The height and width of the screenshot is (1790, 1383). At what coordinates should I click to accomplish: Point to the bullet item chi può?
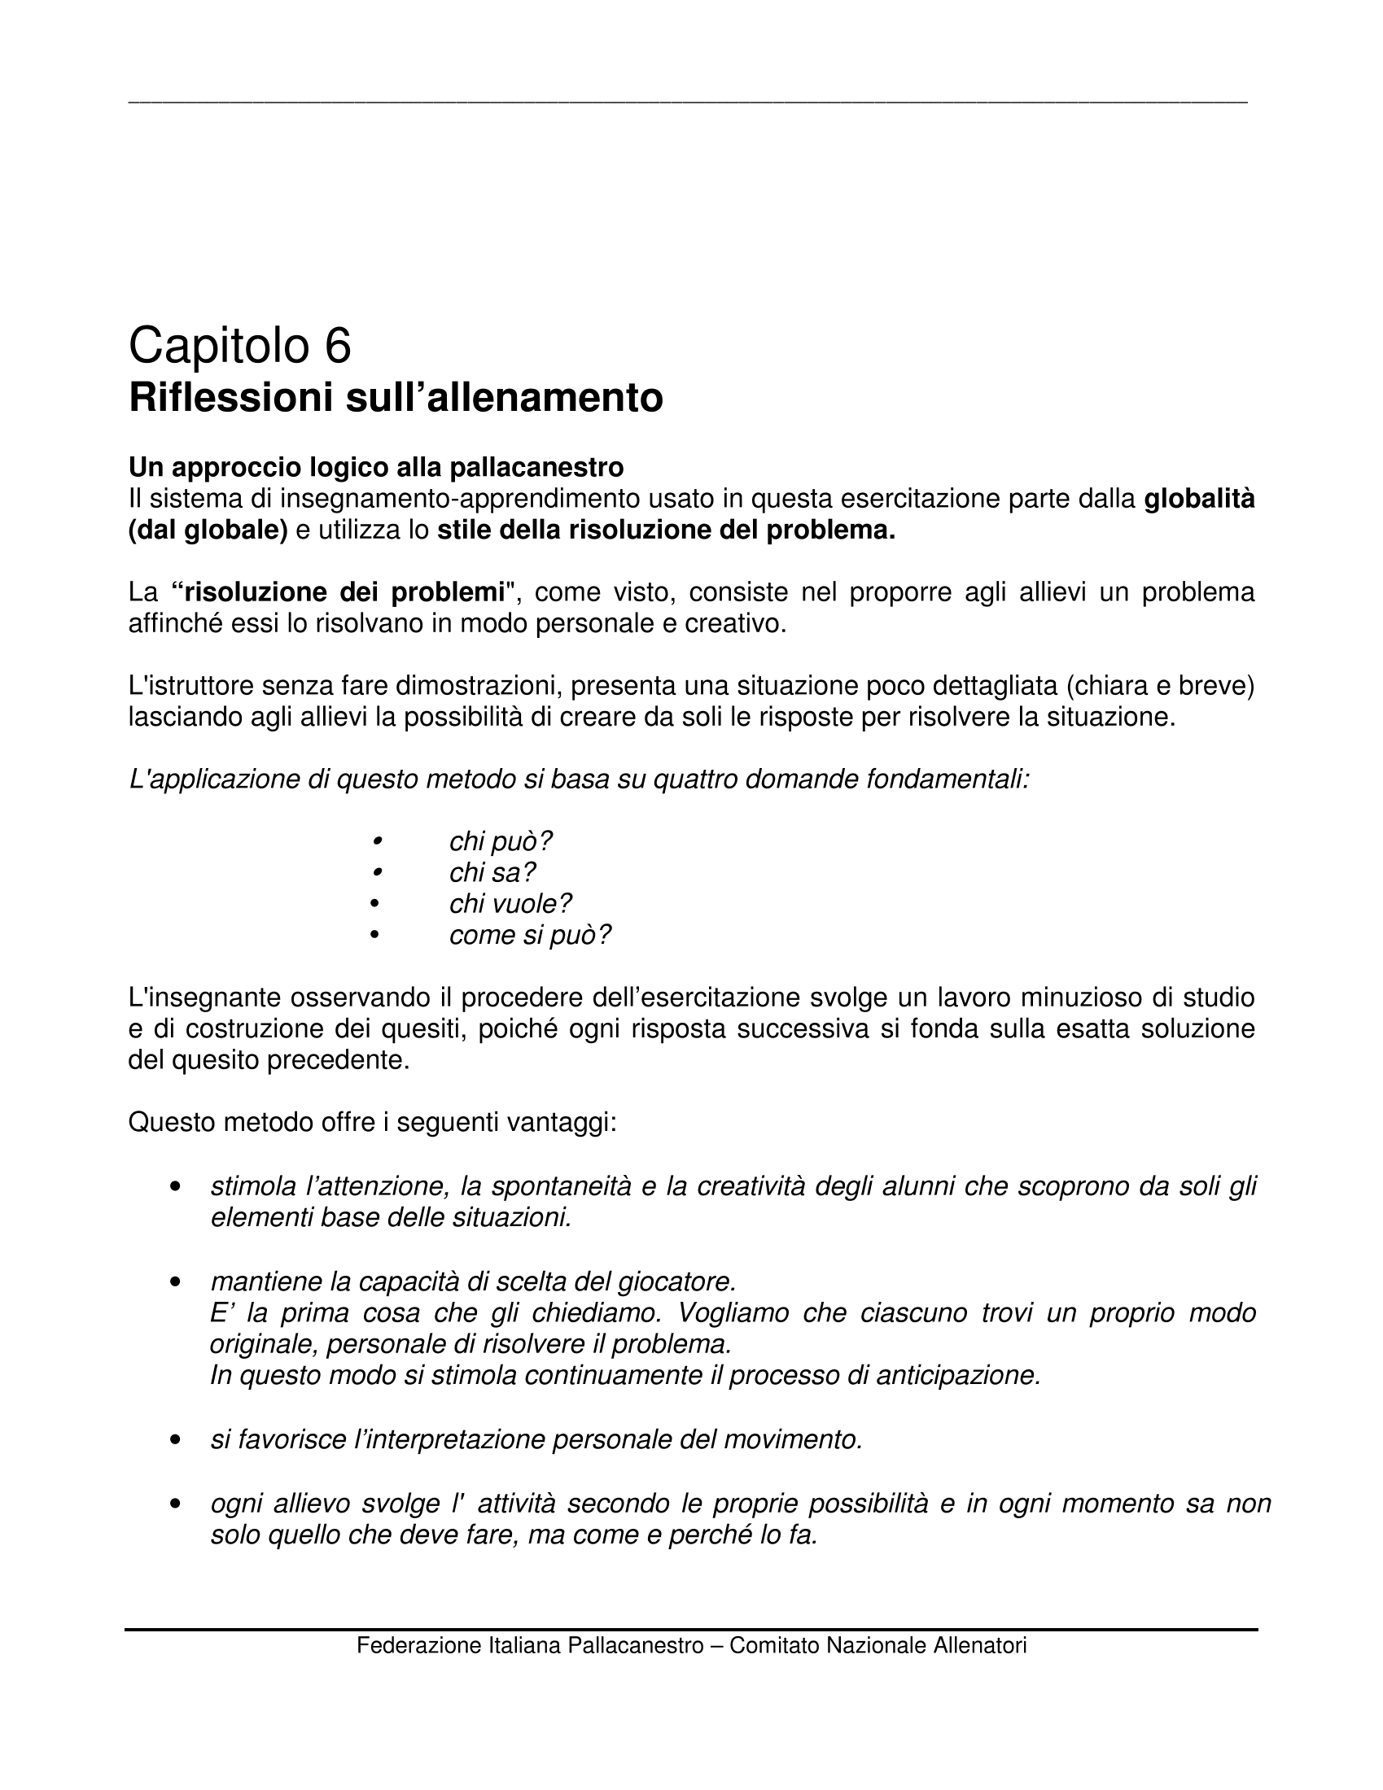(501, 841)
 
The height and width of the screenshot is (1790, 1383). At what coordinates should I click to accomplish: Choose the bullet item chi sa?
(492, 872)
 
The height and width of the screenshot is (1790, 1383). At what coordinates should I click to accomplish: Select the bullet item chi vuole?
(510, 903)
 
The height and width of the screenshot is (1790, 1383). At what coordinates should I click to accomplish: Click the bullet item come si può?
(530, 934)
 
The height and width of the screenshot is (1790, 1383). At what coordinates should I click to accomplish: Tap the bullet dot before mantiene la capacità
(175, 1281)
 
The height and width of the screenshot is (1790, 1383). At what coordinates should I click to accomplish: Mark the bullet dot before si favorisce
(175, 1440)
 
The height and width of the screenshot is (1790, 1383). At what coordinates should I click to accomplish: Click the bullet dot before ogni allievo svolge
(175, 1504)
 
